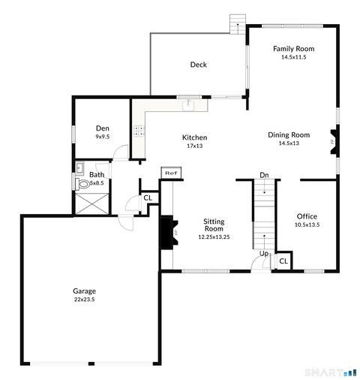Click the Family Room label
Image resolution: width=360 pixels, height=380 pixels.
pyautogui.click(x=293, y=49)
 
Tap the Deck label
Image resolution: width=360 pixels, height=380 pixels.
pyautogui.click(x=198, y=65)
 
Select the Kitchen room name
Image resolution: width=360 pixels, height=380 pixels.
pyautogui.click(x=195, y=137)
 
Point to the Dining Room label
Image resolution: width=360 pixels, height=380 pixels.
pyautogui.click(x=289, y=135)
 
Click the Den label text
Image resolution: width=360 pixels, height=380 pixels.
pyautogui.click(x=103, y=128)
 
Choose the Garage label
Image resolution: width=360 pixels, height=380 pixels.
pyautogui.click(x=84, y=291)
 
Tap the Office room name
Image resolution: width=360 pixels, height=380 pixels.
pyautogui.click(x=307, y=216)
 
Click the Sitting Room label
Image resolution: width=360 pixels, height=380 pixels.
pyautogui.click(x=214, y=225)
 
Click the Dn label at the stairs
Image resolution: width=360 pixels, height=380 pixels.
pyautogui.click(x=264, y=176)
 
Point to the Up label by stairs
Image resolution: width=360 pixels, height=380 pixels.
pyautogui.click(x=264, y=254)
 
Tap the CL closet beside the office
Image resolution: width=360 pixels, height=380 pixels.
pyautogui.click(x=283, y=261)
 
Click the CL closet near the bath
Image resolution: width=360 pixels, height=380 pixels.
pyautogui.click(x=148, y=198)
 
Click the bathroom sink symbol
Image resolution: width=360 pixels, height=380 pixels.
pyautogui.click(x=82, y=182)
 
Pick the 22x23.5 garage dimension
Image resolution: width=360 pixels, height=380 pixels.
pyautogui.click(x=84, y=299)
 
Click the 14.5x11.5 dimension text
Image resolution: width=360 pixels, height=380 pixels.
pyautogui.click(x=293, y=57)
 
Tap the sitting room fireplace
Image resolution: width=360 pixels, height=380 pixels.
pyautogui.click(x=169, y=232)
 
